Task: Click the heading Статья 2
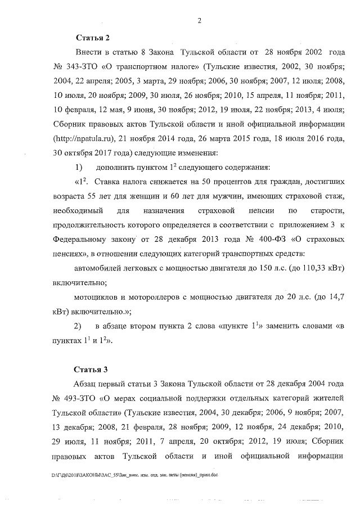coord(92,38)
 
